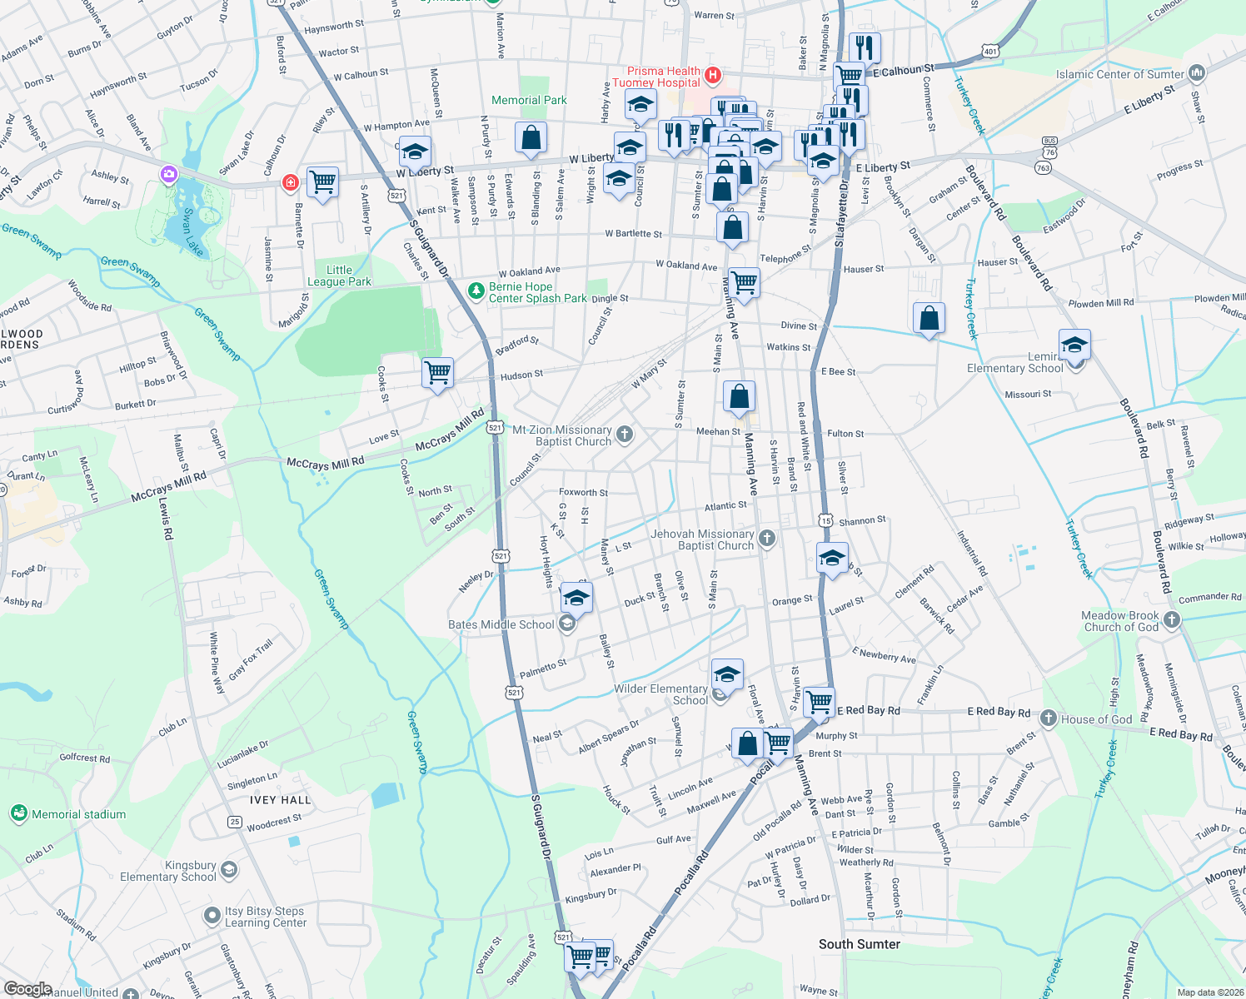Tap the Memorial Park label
(x=529, y=100)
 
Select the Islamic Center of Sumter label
(x=1119, y=74)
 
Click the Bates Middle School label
(x=501, y=624)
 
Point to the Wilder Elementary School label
(x=660, y=694)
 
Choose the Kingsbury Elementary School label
(x=168, y=871)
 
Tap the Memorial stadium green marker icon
(x=18, y=813)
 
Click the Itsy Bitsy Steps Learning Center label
(x=265, y=917)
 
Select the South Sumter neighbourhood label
(x=859, y=943)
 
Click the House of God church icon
(x=1049, y=718)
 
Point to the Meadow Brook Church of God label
(x=1119, y=621)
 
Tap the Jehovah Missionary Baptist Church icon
(x=767, y=539)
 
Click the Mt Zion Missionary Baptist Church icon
(x=625, y=434)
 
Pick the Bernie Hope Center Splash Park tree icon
(x=476, y=291)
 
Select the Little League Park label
(x=339, y=276)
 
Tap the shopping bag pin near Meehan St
(x=739, y=397)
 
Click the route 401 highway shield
(x=989, y=52)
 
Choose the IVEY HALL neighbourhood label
(x=280, y=800)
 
